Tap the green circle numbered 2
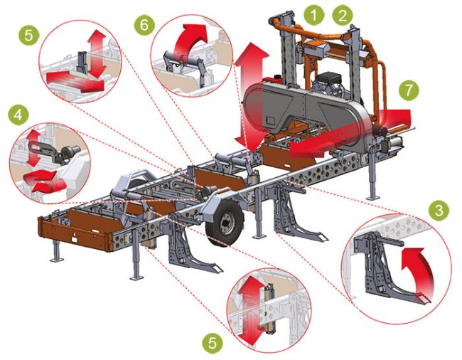click(343, 15)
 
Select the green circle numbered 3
click(439, 210)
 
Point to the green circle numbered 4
click(18, 115)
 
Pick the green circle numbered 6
click(144, 25)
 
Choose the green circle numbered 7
click(409, 90)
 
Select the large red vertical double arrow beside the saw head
click(251, 95)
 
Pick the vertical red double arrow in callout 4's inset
click(34, 148)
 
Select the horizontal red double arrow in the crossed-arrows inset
click(76, 80)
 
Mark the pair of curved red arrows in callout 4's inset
click(43, 181)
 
